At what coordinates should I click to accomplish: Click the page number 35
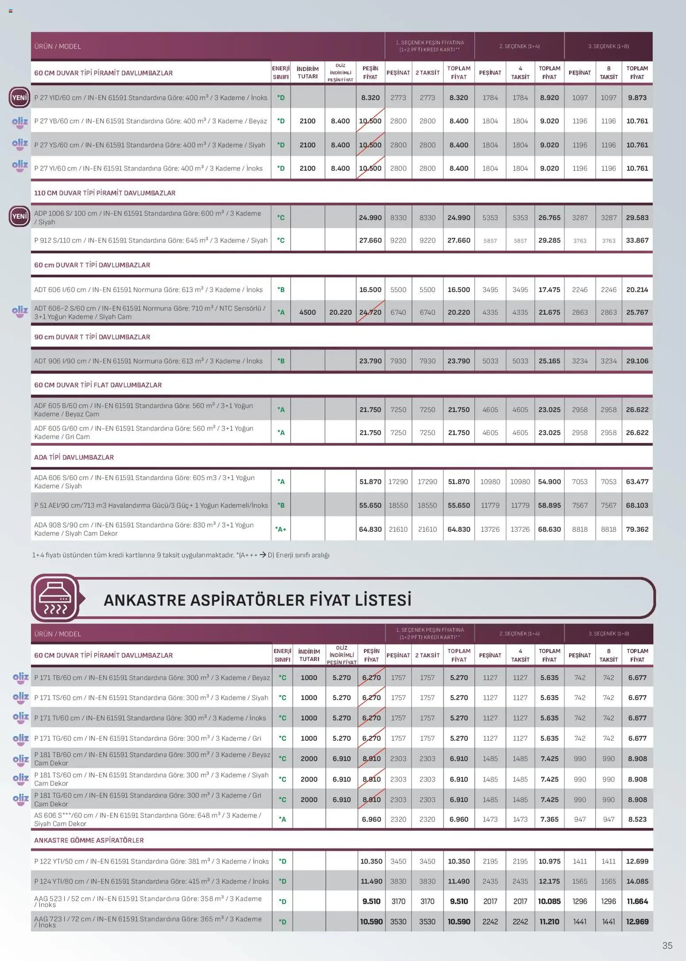[x=667, y=945]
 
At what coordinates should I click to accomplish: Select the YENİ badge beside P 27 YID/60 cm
[x=19, y=97]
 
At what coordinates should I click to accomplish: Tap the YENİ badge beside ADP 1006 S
[x=19, y=217]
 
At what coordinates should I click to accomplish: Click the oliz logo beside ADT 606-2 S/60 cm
[x=20, y=311]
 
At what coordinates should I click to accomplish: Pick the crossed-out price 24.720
[x=370, y=312]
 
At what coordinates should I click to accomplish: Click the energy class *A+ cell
[x=281, y=529]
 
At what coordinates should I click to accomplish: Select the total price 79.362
[x=637, y=529]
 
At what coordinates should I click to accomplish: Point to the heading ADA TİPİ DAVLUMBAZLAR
[x=74, y=457]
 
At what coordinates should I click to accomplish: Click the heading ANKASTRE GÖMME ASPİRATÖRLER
[x=89, y=840]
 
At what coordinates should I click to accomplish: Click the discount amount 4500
[x=308, y=312]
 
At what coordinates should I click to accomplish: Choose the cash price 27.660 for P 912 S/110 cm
[x=370, y=240]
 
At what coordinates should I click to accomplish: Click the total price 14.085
[x=637, y=881]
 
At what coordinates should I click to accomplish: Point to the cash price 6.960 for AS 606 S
[x=371, y=819]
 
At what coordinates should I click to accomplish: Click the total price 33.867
[x=637, y=240]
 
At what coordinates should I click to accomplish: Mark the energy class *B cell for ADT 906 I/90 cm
[x=281, y=361]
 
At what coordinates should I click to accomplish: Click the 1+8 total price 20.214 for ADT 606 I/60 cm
[x=637, y=290]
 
